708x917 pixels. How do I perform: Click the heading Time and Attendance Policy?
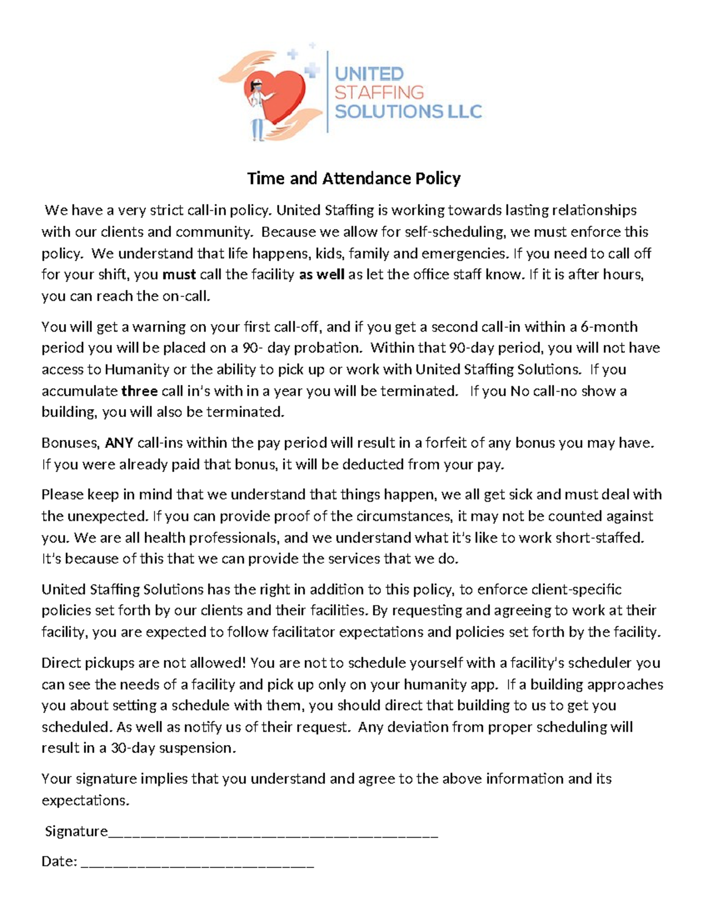click(x=353, y=178)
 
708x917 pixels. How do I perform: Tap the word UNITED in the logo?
click(x=369, y=74)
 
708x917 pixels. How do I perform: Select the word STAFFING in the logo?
click(x=379, y=92)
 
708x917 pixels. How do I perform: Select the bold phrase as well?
click(x=322, y=275)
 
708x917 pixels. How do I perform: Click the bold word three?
click(x=139, y=391)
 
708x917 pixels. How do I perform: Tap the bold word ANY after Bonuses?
click(x=119, y=443)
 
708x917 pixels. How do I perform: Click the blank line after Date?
click(x=197, y=864)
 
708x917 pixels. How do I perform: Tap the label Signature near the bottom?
click(x=76, y=831)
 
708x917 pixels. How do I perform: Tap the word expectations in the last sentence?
click(x=84, y=801)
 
